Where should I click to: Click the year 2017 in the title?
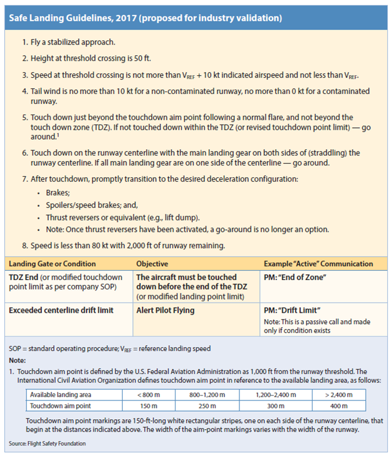click(128, 18)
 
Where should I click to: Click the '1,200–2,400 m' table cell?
click(277, 394)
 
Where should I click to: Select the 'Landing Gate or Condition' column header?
click(52, 264)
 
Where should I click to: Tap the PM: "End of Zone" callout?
click(300, 277)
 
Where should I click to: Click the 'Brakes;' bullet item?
click(58, 194)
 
